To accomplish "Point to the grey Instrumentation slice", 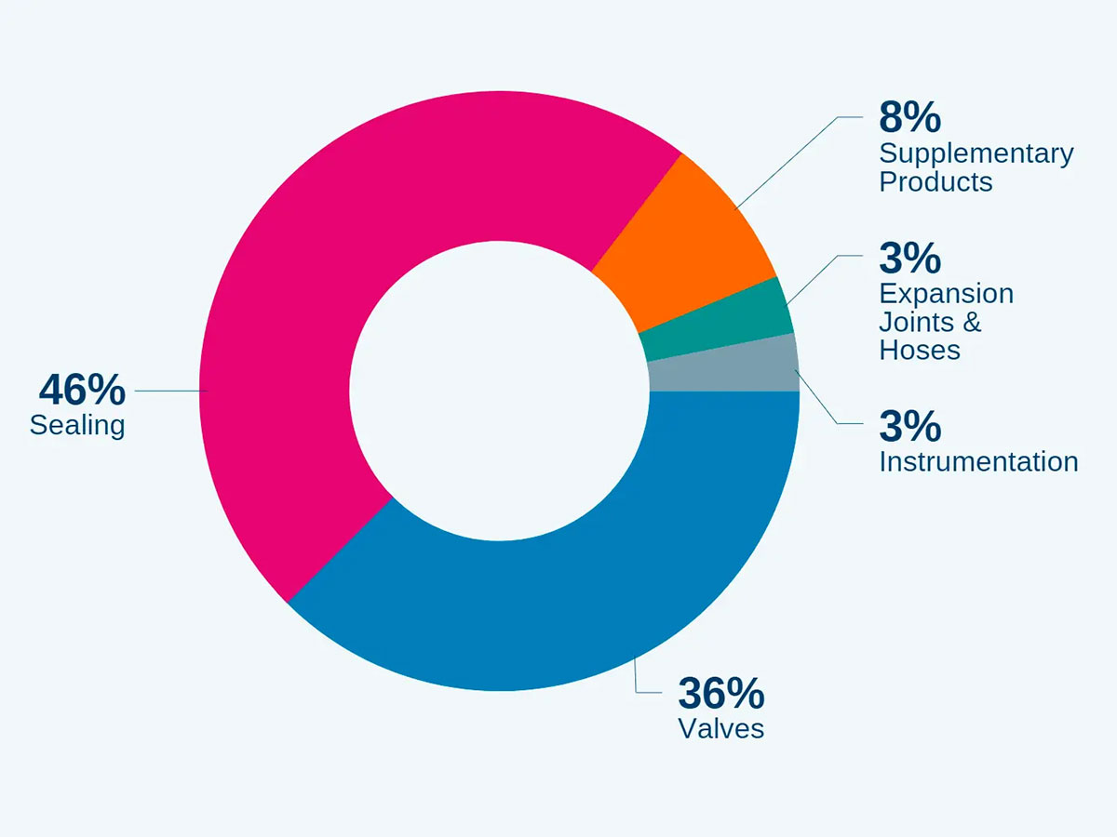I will click(x=726, y=367).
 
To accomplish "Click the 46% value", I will click(x=82, y=391).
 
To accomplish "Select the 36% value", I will click(x=721, y=693).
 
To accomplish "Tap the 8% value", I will click(x=909, y=117).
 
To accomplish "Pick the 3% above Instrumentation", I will click(x=909, y=426).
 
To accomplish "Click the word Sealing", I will click(x=77, y=426).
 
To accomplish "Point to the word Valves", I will click(x=721, y=728).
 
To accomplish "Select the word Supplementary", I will click(x=976, y=153).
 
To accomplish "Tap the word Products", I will click(x=935, y=181).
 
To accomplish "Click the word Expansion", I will click(x=947, y=294).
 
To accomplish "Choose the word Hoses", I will click(x=920, y=350).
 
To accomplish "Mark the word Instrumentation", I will click(x=978, y=461).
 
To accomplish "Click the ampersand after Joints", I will click(x=971, y=323).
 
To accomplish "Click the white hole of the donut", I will click(x=499, y=391).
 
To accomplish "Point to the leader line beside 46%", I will click(x=168, y=392).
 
